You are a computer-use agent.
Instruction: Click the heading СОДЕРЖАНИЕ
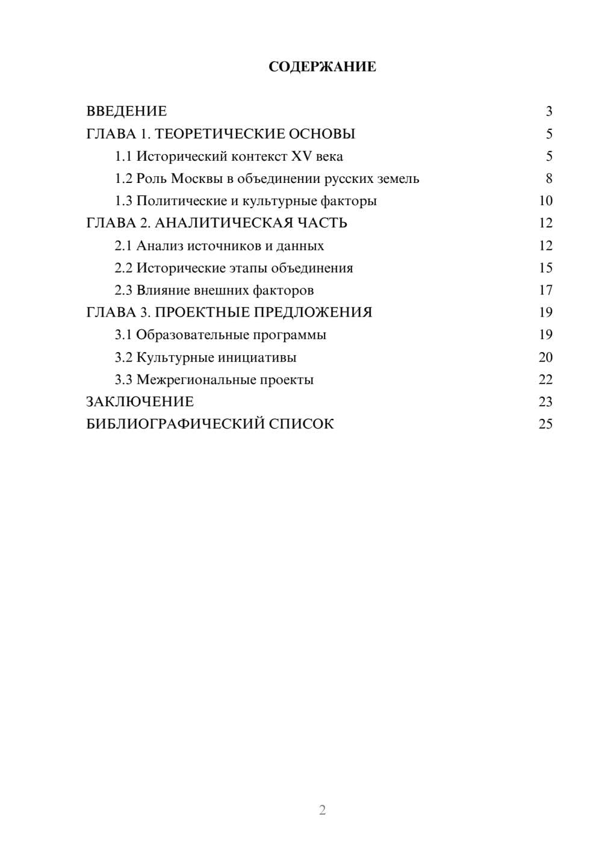tap(322, 67)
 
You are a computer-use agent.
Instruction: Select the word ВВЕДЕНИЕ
tap(126, 111)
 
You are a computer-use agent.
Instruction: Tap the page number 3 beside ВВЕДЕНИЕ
tap(548, 111)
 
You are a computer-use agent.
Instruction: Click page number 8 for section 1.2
tap(548, 179)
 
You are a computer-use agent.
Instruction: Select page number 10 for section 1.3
tap(545, 201)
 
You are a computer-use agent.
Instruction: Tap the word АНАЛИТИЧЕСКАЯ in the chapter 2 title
tap(223, 223)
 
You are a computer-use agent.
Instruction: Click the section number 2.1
tap(123, 246)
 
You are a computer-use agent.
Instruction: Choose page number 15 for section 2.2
tap(545, 268)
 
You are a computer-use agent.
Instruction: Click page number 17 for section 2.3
tap(545, 291)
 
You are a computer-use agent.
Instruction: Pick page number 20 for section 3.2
tap(545, 357)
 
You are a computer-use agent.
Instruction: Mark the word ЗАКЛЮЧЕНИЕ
tap(140, 402)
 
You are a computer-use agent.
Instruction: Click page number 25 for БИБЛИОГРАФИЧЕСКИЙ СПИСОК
tap(545, 424)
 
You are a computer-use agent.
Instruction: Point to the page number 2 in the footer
tap(322, 810)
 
